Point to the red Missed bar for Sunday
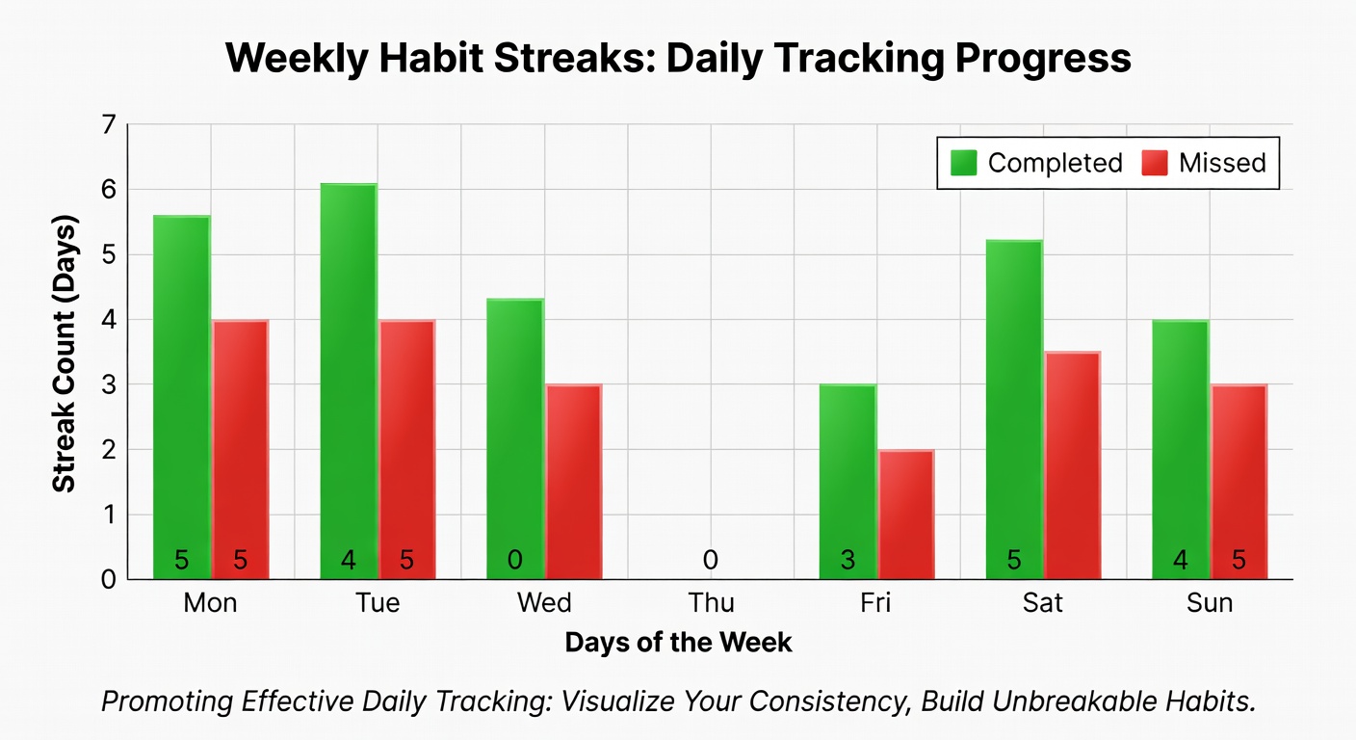click(x=1239, y=482)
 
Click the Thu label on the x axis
click(x=711, y=603)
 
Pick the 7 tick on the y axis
click(x=108, y=124)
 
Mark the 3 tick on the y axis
click(x=108, y=384)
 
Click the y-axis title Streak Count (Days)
click(x=64, y=353)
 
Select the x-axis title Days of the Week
click(x=678, y=643)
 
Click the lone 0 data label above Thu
click(x=711, y=560)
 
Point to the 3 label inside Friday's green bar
click(x=847, y=560)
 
